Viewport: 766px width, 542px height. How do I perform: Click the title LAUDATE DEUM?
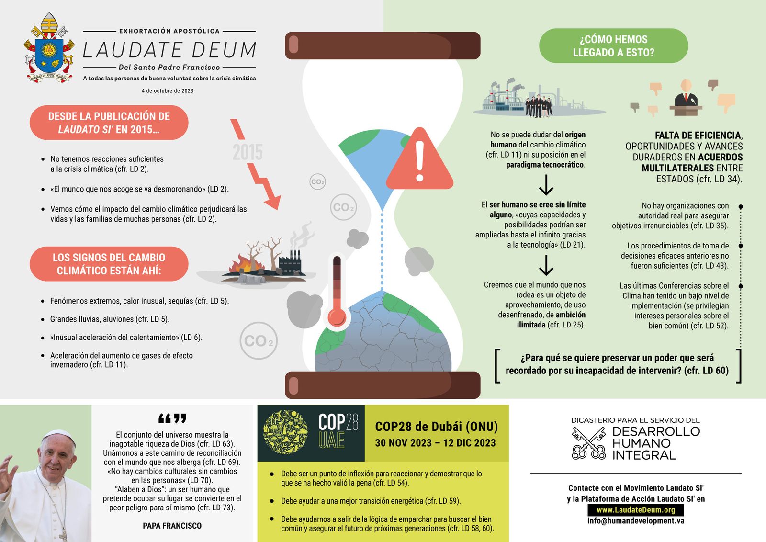(169, 50)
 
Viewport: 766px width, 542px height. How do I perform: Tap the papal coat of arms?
(49, 49)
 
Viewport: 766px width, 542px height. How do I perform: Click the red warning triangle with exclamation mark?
(419, 160)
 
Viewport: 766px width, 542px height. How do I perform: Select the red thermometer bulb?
(337, 317)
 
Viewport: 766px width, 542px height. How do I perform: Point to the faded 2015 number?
(248, 152)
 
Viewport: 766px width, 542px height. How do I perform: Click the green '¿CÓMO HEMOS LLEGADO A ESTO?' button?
(613, 46)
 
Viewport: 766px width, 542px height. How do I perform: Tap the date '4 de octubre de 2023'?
(168, 91)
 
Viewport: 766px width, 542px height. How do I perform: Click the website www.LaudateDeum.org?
(636, 510)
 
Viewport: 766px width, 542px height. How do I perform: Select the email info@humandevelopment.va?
(636, 521)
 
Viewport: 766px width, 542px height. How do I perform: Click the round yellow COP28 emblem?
(286, 432)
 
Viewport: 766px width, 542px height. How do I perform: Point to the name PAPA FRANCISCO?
(172, 526)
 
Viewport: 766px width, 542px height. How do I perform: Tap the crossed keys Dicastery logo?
(588, 443)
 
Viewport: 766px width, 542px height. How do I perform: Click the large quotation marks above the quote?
(172, 419)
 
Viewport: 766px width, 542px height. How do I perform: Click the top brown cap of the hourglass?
(382, 45)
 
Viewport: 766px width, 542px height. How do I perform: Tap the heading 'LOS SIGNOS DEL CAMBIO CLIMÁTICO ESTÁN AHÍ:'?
(109, 264)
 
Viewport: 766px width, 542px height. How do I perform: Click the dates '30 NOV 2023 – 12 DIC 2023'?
(435, 443)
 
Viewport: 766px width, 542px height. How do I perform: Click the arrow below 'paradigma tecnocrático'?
(546, 184)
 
